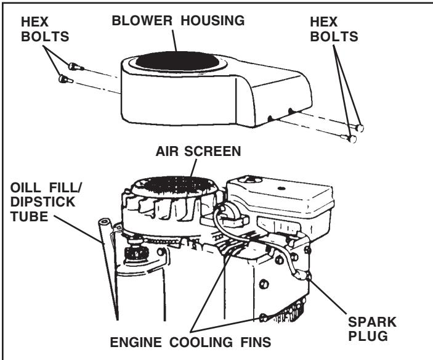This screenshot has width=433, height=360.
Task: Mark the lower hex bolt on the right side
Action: pos(352,139)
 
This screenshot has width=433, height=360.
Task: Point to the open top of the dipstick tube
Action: pos(101,220)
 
